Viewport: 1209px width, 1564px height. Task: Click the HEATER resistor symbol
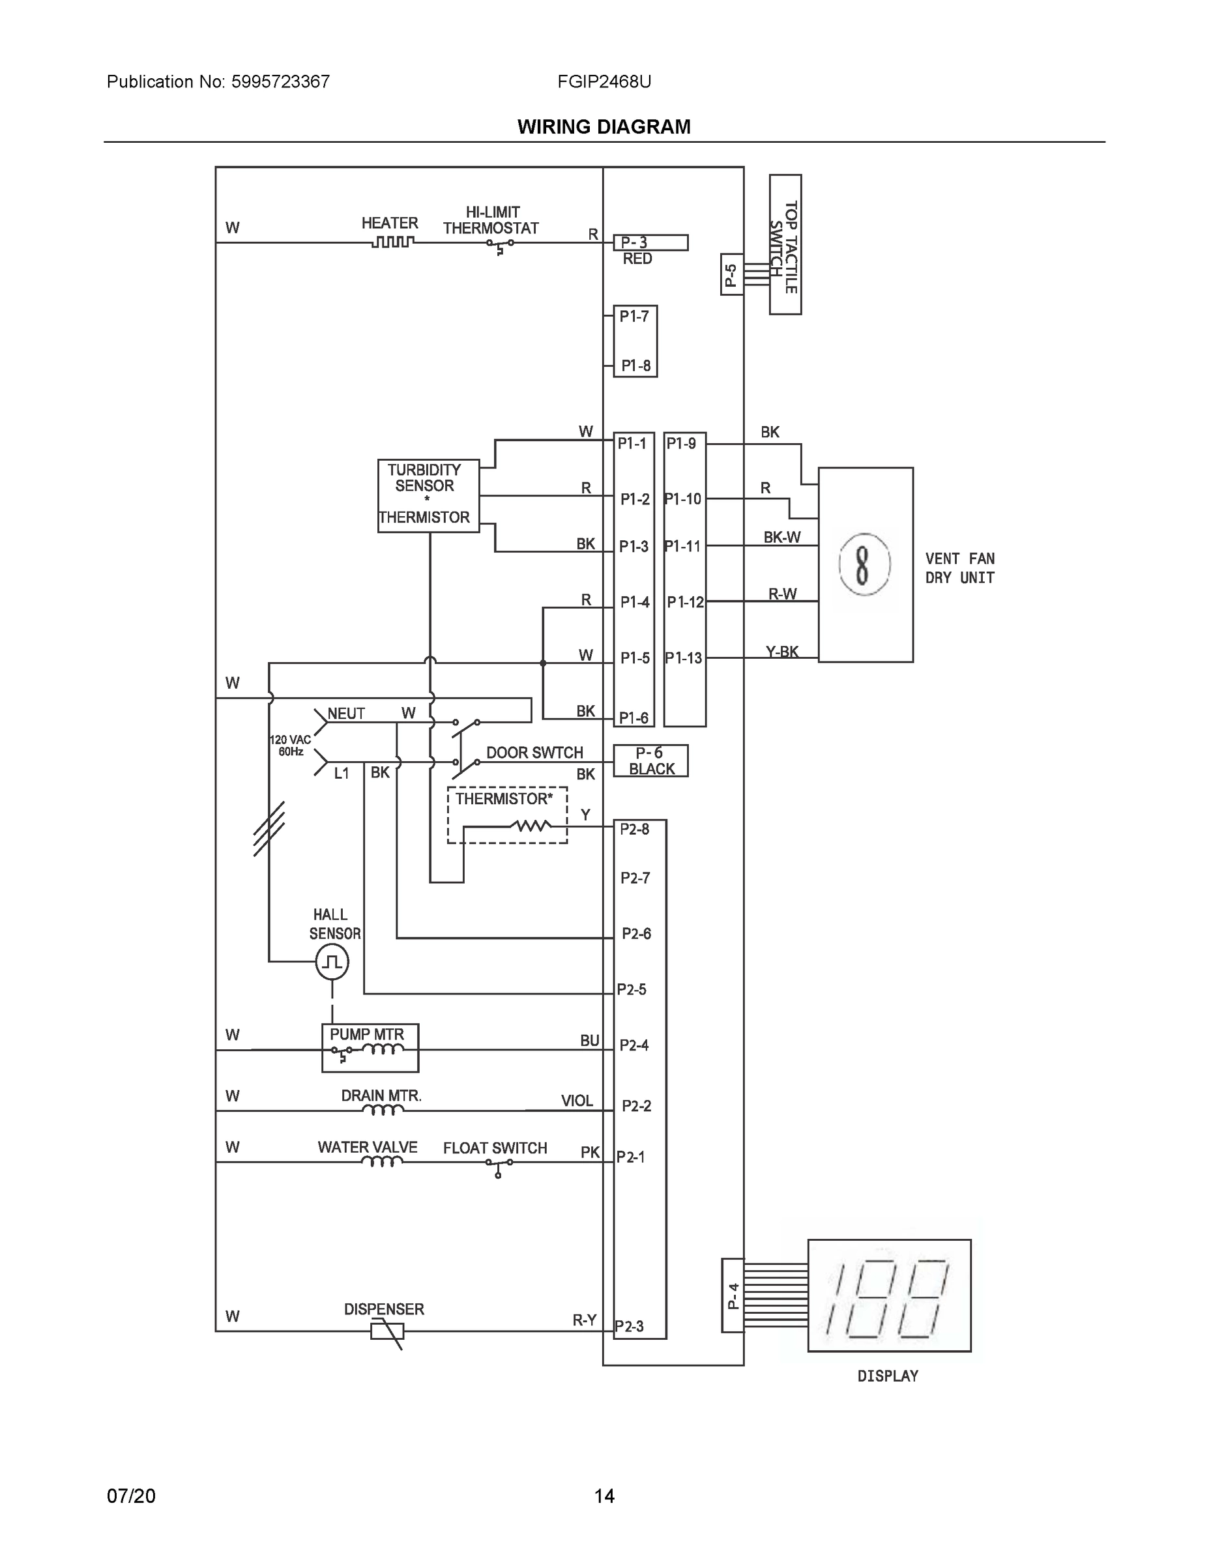[x=392, y=242]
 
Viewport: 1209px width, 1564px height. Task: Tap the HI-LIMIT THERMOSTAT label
[x=491, y=220]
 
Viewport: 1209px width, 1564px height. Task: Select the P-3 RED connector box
[x=650, y=243]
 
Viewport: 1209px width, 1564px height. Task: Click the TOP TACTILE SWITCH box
[x=785, y=244]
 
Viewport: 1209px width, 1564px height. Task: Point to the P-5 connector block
[x=731, y=274]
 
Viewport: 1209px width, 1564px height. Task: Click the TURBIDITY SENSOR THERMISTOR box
[x=428, y=495]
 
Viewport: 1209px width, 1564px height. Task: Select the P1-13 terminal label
[x=683, y=658]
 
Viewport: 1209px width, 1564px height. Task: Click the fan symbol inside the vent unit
[x=864, y=564]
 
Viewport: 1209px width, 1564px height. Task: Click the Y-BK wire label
[x=781, y=652]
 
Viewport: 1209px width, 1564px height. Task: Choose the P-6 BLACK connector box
[x=650, y=760]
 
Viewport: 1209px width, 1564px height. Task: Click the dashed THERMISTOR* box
[x=507, y=815]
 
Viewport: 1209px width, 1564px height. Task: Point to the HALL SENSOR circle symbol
[x=332, y=962]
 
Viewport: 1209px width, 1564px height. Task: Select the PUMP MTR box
[x=370, y=1048]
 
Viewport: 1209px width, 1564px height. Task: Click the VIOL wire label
[x=577, y=1101]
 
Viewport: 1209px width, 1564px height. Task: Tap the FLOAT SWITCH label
[x=494, y=1148]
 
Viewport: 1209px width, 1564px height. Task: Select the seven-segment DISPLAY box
[x=889, y=1296]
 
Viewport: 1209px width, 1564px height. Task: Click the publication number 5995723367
[x=280, y=81]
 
